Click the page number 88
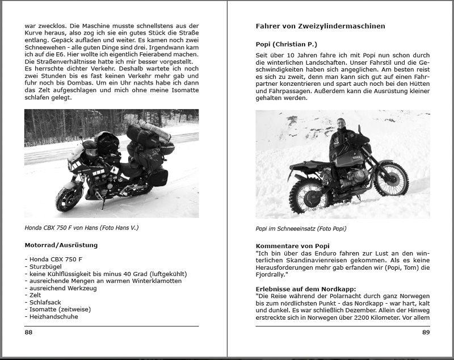pyautogui.click(x=28, y=332)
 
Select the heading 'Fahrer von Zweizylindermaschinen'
pyautogui.click(x=321, y=26)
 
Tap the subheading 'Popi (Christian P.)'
pyautogui.click(x=286, y=44)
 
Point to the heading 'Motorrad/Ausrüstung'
pyautogui.click(x=61, y=245)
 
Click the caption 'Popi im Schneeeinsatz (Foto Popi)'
pyautogui.click(x=301, y=229)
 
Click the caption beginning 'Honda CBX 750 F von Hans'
pyautogui.click(x=81, y=228)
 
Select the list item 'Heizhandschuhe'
pyautogui.click(x=52, y=317)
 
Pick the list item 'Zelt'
pyautogui.click(x=35, y=295)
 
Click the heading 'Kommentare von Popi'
pyautogui.click(x=292, y=245)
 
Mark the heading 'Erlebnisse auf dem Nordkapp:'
pyautogui.click(x=304, y=289)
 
